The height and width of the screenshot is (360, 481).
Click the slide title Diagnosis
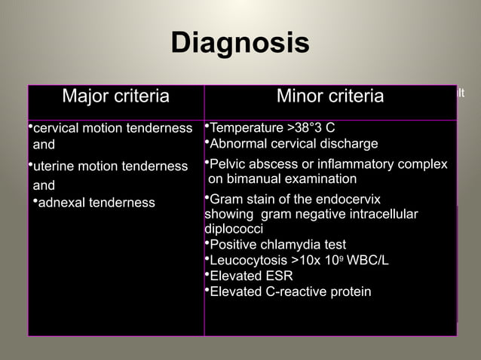(240, 43)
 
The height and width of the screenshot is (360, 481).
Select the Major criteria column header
(115, 96)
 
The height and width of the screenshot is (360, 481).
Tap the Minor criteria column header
(329, 96)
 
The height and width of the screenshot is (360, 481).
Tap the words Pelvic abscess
(250, 164)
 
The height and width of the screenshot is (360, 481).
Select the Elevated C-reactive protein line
(290, 291)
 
